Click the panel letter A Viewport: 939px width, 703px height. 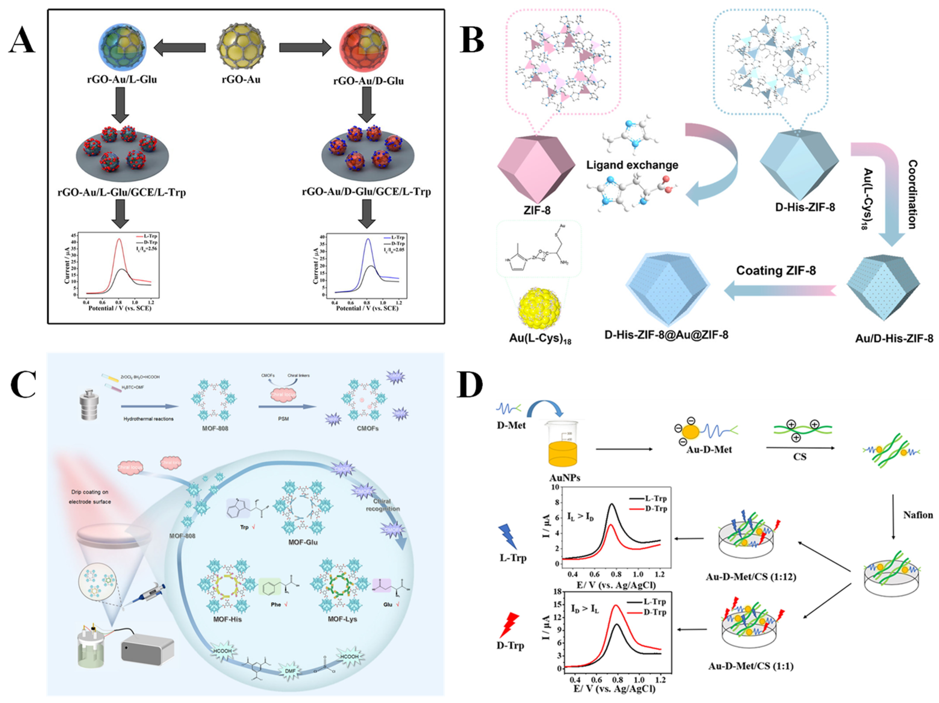pyautogui.click(x=22, y=42)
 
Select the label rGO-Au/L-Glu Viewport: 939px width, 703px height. pyautogui.click(x=122, y=79)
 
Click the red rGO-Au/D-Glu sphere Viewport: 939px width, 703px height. pyautogui.click(x=364, y=48)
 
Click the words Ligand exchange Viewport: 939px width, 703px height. pyautogui.click(x=632, y=165)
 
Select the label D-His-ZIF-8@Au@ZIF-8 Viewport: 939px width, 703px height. pyautogui.click(x=666, y=335)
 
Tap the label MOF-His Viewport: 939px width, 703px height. pyautogui.click(x=228, y=619)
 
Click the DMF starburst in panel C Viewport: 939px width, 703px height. pyautogui.click(x=289, y=670)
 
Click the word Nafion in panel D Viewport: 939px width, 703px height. pyautogui.click(x=918, y=515)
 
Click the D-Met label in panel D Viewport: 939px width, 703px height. pyautogui.click(x=511, y=425)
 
